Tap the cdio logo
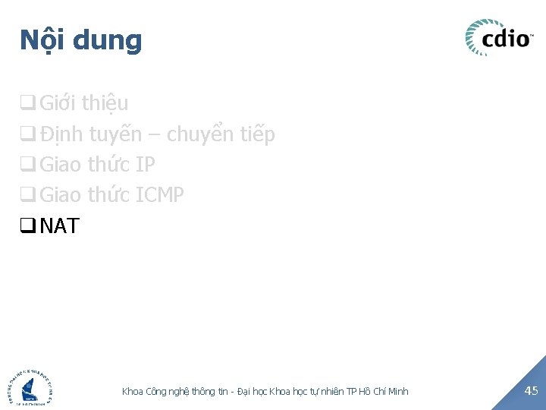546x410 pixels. (x=499, y=37)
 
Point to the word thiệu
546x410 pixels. (x=105, y=103)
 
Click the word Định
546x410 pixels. (x=61, y=135)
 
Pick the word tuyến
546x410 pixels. (x=115, y=135)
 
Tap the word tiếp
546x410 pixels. (x=259, y=135)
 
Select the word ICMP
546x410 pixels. (x=159, y=195)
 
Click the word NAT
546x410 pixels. (x=59, y=226)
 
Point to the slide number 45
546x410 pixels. (x=531, y=390)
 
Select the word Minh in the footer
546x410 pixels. (x=397, y=391)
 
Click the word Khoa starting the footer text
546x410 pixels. (x=133, y=391)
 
